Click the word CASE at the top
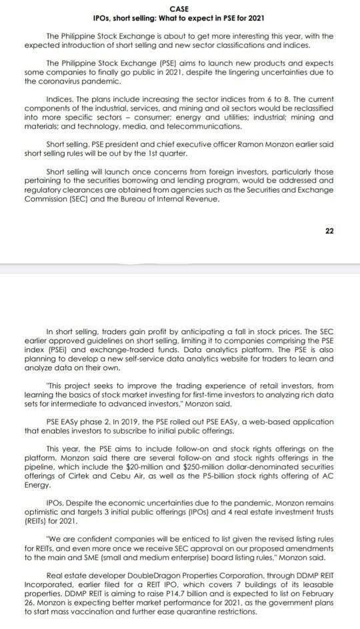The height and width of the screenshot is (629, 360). (179, 7)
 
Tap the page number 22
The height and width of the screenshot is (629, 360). (329, 230)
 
